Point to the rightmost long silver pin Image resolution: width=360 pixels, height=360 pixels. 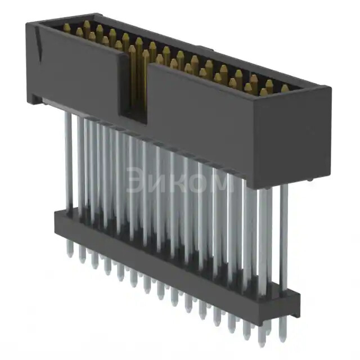pos(283,236)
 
